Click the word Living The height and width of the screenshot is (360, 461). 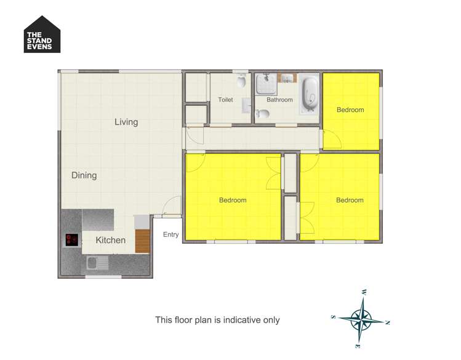pyautogui.click(x=126, y=122)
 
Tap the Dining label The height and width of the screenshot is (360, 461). pyautogui.click(x=84, y=175)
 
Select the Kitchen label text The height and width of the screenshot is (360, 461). pyautogui.click(x=111, y=240)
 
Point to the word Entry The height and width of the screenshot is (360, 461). pyautogui.click(x=171, y=234)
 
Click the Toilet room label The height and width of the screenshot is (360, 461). pyautogui.click(x=225, y=100)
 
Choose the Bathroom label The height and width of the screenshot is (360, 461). pyautogui.click(x=279, y=100)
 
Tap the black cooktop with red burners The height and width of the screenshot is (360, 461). pyautogui.click(x=72, y=240)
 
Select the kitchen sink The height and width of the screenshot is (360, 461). pyautogui.click(x=97, y=263)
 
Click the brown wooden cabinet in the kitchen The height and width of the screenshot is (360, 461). pyautogui.click(x=143, y=241)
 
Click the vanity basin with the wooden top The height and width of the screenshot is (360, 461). pyautogui.click(x=287, y=78)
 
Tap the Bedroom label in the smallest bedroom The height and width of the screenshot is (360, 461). pyautogui.click(x=350, y=110)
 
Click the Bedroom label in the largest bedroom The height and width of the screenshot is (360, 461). pyautogui.click(x=233, y=200)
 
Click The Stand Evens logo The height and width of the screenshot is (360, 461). pyautogui.click(x=42, y=34)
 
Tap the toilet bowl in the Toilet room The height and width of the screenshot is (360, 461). pyautogui.click(x=242, y=81)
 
